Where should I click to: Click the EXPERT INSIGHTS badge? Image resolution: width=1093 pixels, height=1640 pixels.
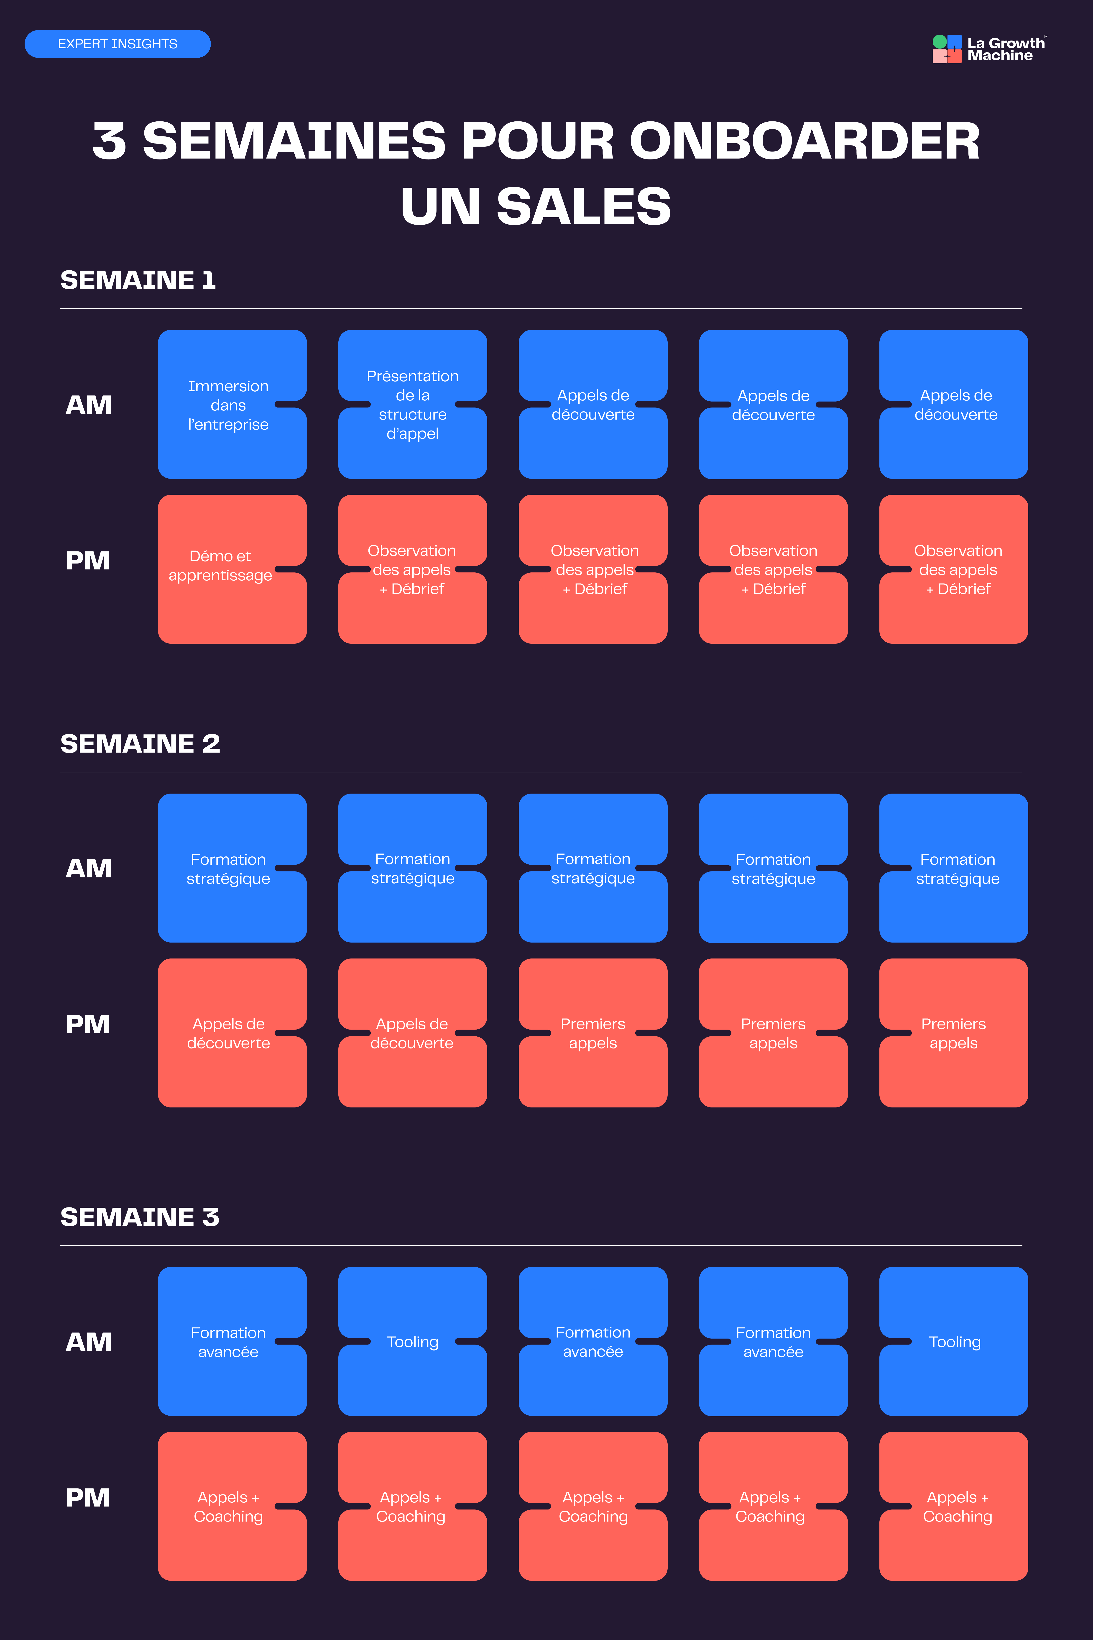pos(117,44)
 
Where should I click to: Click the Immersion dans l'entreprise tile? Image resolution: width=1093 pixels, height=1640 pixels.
pos(232,405)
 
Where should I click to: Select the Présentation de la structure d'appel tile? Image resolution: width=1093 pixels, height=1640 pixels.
pos(413,405)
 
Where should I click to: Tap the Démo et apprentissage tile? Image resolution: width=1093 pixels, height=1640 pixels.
pos(232,569)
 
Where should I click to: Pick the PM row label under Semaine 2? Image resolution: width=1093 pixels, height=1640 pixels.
pos(88,1024)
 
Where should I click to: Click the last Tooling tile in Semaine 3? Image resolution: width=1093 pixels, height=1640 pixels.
pos(954,1342)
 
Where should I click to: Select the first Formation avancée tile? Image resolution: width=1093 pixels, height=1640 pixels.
pos(232,1342)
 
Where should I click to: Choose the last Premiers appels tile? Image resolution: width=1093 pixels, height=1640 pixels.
pos(954,1033)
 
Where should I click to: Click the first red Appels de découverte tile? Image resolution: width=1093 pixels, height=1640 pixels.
pos(232,1033)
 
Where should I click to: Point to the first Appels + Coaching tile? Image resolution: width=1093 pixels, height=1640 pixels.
pos(232,1506)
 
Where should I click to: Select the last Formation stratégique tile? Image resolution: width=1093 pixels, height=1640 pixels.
pos(954,868)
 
